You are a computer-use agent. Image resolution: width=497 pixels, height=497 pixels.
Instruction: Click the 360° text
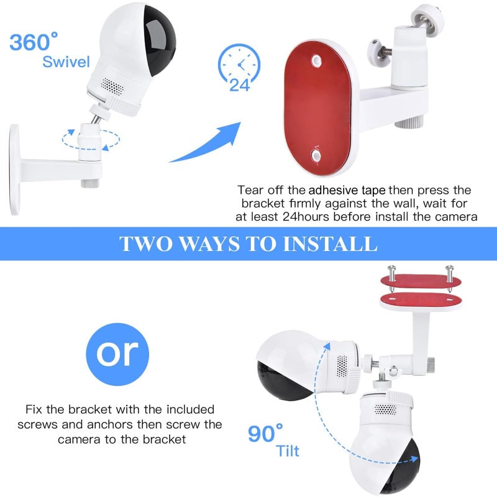(x=34, y=42)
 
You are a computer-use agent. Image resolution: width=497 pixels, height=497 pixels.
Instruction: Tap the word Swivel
(x=66, y=62)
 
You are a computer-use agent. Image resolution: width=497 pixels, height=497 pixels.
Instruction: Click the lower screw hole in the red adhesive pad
(x=316, y=155)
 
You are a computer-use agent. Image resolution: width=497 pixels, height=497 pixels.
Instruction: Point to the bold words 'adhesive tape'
(x=347, y=190)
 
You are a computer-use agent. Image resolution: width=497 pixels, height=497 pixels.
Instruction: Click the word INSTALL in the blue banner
(x=330, y=244)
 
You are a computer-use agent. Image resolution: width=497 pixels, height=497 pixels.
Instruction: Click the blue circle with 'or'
(x=117, y=354)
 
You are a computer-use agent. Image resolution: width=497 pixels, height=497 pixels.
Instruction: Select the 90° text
(x=265, y=433)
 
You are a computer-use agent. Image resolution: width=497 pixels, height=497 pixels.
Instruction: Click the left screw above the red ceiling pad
(x=392, y=277)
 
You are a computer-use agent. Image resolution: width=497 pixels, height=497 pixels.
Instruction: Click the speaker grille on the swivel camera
(x=112, y=86)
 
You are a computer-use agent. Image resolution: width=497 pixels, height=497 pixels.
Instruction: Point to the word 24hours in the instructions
(x=306, y=217)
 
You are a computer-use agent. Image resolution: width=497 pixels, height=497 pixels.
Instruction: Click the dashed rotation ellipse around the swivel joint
(x=91, y=140)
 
